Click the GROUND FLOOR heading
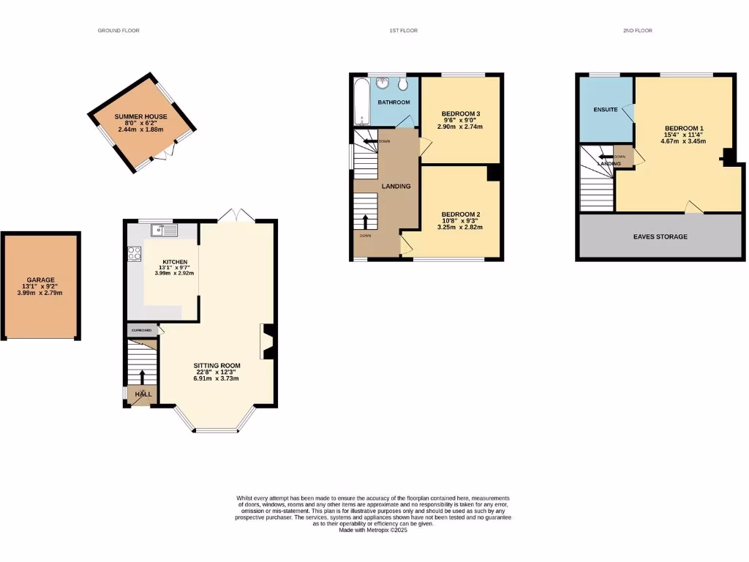(x=118, y=31)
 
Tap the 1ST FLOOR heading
(x=403, y=31)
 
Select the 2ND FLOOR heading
(x=638, y=31)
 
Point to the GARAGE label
(x=41, y=280)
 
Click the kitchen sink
(x=165, y=231)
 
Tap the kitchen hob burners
(x=135, y=254)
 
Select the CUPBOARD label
(x=142, y=330)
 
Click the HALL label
(x=143, y=394)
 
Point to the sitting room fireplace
(x=267, y=342)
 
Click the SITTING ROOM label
(x=217, y=365)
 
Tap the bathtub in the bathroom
(x=359, y=103)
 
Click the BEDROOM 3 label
(x=461, y=113)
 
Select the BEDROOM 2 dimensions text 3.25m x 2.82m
(x=461, y=228)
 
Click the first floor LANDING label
(x=396, y=186)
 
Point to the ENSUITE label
(x=606, y=110)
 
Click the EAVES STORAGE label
(x=660, y=236)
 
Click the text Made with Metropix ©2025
(x=373, y=530)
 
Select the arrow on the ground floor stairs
(x=142, y=375)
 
